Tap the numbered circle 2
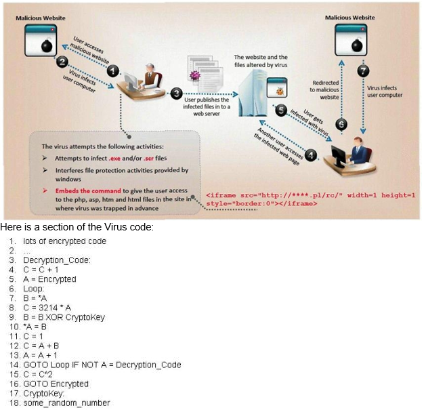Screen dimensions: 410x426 [62, 62]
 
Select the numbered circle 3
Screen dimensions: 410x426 [177, 93]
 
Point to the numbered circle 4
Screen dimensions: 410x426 [312, 155]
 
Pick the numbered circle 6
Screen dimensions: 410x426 [342, 124]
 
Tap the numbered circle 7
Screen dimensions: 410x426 [364, 70]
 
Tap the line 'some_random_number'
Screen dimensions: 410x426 [66, 403]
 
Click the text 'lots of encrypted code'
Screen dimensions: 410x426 [64, 241]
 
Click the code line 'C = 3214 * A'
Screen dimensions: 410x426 [47, 308]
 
